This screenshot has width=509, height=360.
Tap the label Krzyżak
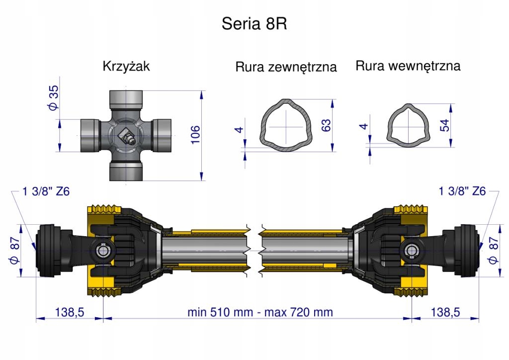[x=126, y=66]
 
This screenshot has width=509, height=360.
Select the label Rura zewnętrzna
[x=286, y=67]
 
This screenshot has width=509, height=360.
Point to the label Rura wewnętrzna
[x=408, y=66]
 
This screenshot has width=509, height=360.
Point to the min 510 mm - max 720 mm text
[x=260, y=312]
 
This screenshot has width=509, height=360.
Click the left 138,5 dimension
[x=69, y=312]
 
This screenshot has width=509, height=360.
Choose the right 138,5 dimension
[x=445, y=312]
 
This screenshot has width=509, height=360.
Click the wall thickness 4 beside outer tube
[x=239, y=130]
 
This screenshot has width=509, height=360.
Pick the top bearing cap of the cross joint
[x=126, y=97]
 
